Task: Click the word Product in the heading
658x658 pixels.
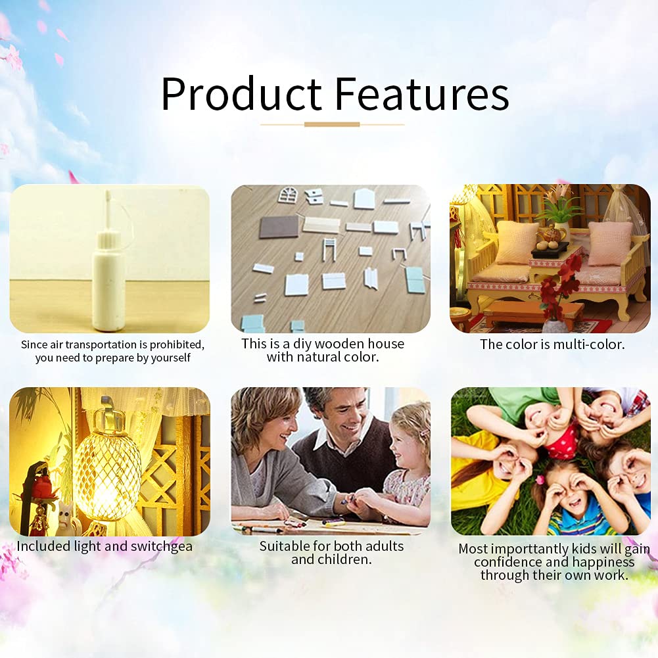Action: click(x=242, y=93)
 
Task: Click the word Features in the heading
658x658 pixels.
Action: click(x=422, y=93)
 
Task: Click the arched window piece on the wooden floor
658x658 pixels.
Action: click(x=288, y=195)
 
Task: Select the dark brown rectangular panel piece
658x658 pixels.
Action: click(x=279, y=227)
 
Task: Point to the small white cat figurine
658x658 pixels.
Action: click(x=67, y=518)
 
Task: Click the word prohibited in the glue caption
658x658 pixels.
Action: click(x=177, y=345)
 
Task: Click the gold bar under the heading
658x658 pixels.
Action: click(x=332, y=125)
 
